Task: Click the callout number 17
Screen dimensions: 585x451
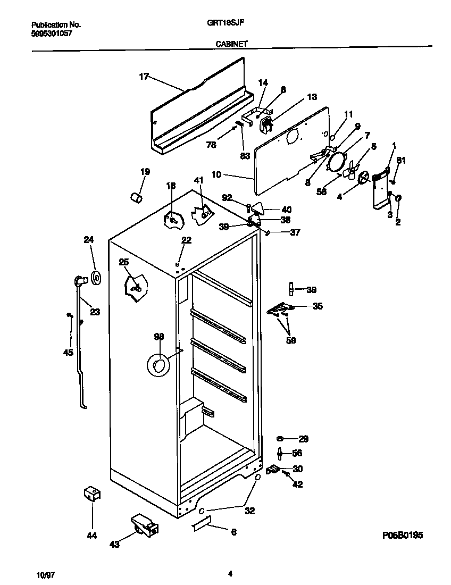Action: (x=144, y=77)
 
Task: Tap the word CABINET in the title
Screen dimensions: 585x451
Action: (x=231, y=45)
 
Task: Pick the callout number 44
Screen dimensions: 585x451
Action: (x=92, y=536)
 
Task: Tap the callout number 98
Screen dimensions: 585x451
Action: (x=159, y=337)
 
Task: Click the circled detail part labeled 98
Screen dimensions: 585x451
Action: (x=158, y=364)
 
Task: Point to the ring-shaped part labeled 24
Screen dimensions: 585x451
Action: (x=97, y=278)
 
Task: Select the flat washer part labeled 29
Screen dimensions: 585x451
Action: (x=280, y=439)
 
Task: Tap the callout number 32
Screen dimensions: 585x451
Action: (x=249, y=511)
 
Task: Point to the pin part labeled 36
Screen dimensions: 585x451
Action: (x=291, y=289)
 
